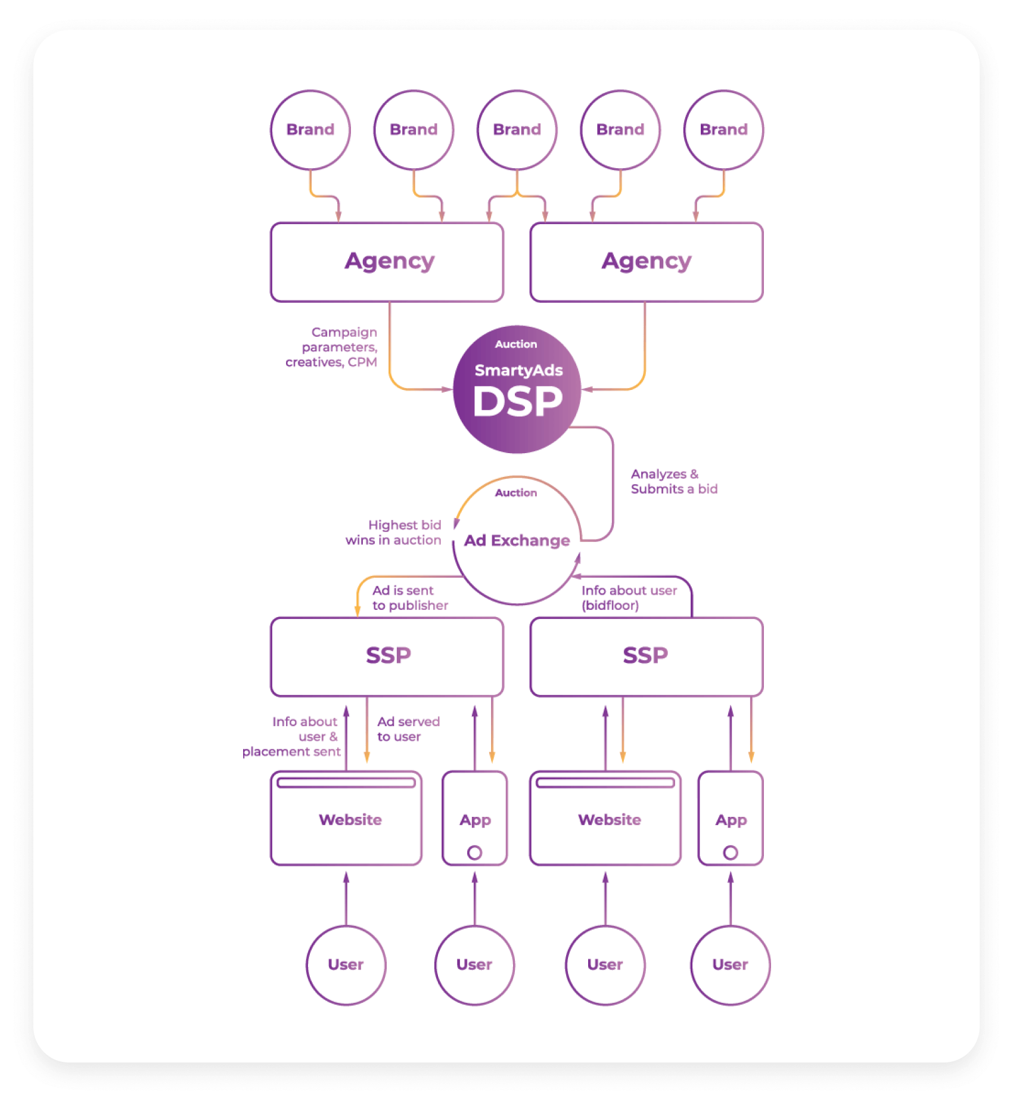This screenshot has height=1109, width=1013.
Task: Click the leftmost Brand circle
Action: tap(310, 130)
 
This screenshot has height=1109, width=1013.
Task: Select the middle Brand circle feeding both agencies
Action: tap(517, 130)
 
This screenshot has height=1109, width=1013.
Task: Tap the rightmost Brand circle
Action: tap(723, 130)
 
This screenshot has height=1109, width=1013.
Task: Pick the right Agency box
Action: tap(646, 262)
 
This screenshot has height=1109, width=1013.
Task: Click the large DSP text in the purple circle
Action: tap(517, 401)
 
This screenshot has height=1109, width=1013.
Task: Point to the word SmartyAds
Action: tap(518, 370)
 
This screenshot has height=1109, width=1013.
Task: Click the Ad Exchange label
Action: tap(517, 540)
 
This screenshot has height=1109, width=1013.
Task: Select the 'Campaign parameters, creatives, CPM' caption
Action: tap(333, 347)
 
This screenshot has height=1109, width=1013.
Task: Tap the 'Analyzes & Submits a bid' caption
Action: tap(673, 482)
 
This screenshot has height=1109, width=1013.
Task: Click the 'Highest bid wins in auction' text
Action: tap(394, 532)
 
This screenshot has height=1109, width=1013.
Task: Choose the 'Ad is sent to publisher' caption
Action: tap(409, 597)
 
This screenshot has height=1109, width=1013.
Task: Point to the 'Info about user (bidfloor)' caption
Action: tap(628, 597)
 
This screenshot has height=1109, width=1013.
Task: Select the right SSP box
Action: tap(646, 656)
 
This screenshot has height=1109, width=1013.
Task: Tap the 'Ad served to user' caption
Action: tap(408, 729)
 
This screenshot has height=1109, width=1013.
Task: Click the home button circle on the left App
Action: tap(474, 853)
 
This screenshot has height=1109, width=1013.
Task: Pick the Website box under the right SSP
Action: tap(605, 820)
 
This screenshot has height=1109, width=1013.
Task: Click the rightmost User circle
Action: tap(730, 965)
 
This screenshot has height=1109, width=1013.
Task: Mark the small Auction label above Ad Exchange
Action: tap(516, 493)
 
